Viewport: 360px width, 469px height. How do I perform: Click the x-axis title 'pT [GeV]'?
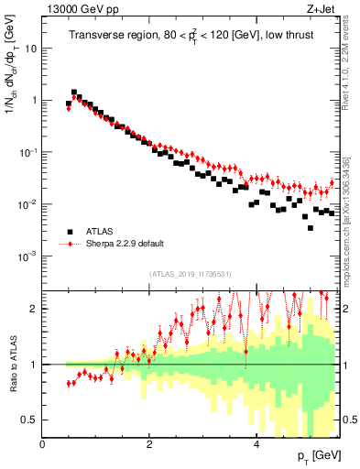[x=320, y=455]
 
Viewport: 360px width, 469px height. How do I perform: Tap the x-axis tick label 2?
[x=149, y=443]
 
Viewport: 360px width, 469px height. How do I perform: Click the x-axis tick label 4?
[x=256, y=443]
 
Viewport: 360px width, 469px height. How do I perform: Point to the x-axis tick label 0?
[x=43, y=443]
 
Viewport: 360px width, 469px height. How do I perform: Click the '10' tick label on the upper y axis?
[x=29, y=49]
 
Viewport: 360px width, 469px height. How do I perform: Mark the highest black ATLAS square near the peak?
[x=74, y=93]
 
